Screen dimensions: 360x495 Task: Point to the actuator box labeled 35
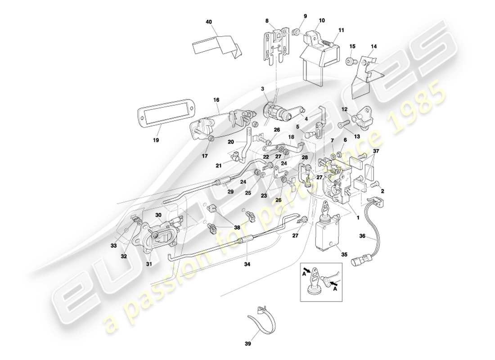(x=327, y=234)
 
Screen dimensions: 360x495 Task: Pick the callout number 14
(x=374, y=46)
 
